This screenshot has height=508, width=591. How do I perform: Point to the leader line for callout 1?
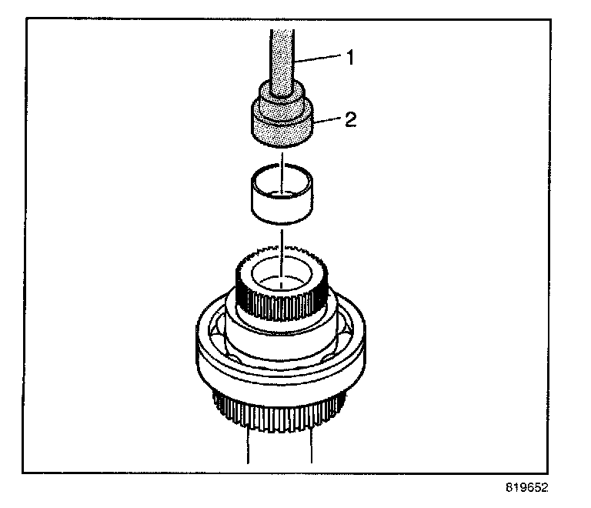coord(319,57)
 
